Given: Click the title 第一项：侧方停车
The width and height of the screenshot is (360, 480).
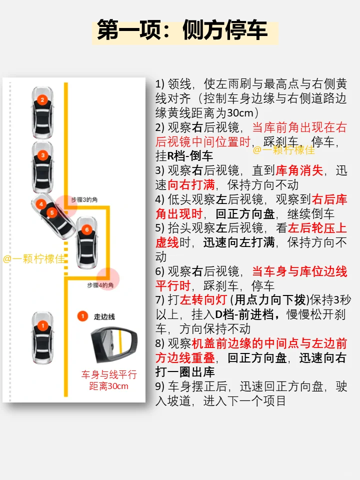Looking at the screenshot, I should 182,30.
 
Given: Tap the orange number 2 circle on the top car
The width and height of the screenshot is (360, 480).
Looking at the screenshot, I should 43,100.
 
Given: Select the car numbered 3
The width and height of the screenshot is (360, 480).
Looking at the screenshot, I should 43,160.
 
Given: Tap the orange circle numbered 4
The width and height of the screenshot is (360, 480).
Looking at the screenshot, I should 41,204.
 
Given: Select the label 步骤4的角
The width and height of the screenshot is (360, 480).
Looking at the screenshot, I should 100,285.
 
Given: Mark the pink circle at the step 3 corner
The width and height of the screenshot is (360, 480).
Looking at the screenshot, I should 66,205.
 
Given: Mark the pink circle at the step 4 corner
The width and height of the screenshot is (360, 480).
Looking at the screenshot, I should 108,277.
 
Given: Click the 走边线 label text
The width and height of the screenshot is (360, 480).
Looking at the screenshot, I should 104,316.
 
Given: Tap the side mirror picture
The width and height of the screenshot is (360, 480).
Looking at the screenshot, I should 113,345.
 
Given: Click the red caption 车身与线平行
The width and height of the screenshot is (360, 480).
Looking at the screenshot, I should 109,374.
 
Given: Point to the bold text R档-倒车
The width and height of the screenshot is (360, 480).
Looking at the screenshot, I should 190,155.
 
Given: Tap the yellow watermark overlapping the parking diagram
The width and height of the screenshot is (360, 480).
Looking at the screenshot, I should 34,259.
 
